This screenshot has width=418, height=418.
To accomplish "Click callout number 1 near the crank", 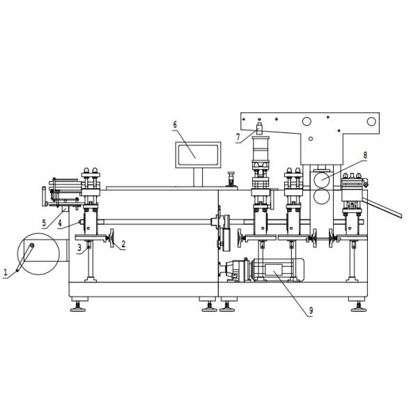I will (x=6, y=274).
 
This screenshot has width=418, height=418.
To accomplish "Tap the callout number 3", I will (x=79, y=247).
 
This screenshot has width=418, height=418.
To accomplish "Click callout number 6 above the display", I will (x=175, y=125).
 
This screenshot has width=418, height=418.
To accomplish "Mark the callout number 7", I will (x=238, y=137).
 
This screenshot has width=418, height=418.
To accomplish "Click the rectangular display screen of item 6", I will (x=199, y=153).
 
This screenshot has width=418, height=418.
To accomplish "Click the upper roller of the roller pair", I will (x=321, y=178).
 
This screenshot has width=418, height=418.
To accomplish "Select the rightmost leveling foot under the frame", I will (x=358, y=304).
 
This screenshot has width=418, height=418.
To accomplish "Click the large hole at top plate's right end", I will (x=371, y=122).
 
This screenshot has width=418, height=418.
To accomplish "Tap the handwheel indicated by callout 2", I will (x=109, y=240).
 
